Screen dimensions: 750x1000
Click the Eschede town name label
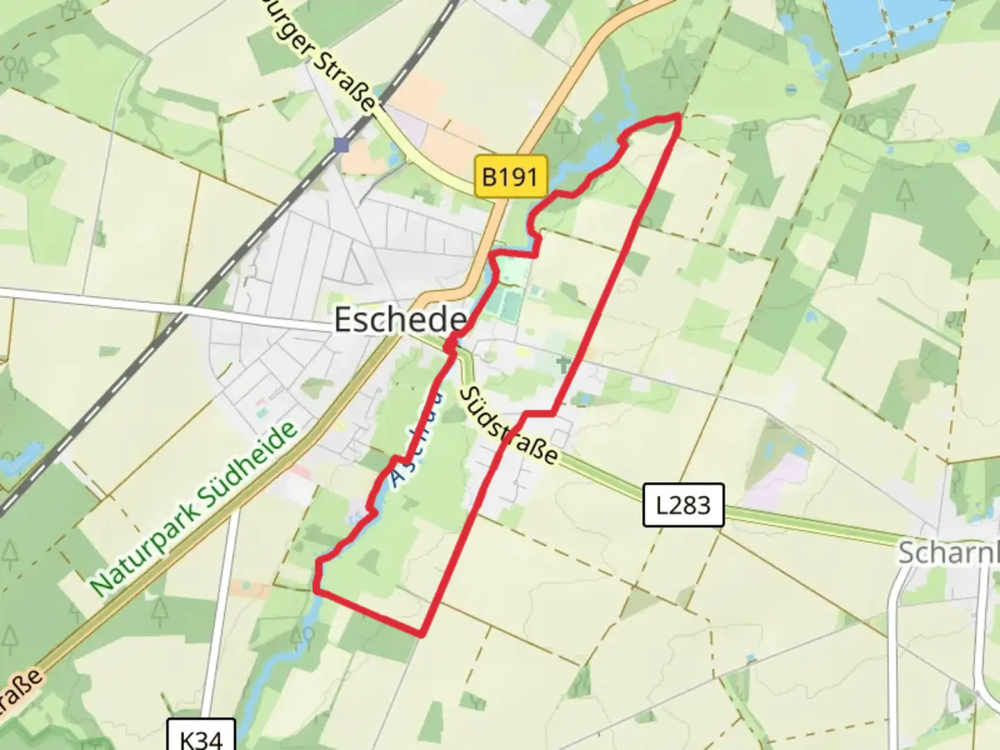(400, 320)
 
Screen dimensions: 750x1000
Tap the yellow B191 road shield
(510, 177)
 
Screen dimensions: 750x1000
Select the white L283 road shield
(683, 505)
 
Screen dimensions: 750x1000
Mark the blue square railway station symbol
(341, 145)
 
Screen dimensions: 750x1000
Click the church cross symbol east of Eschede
(563, 363)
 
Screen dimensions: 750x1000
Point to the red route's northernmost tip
(676, 116)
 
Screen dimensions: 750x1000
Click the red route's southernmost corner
(421, 633)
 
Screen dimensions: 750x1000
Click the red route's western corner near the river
(317, 590)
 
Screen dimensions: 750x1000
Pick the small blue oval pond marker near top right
(791, 90)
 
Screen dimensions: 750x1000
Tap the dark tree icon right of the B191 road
(669, 69)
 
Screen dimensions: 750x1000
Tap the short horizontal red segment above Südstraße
(539, 414)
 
